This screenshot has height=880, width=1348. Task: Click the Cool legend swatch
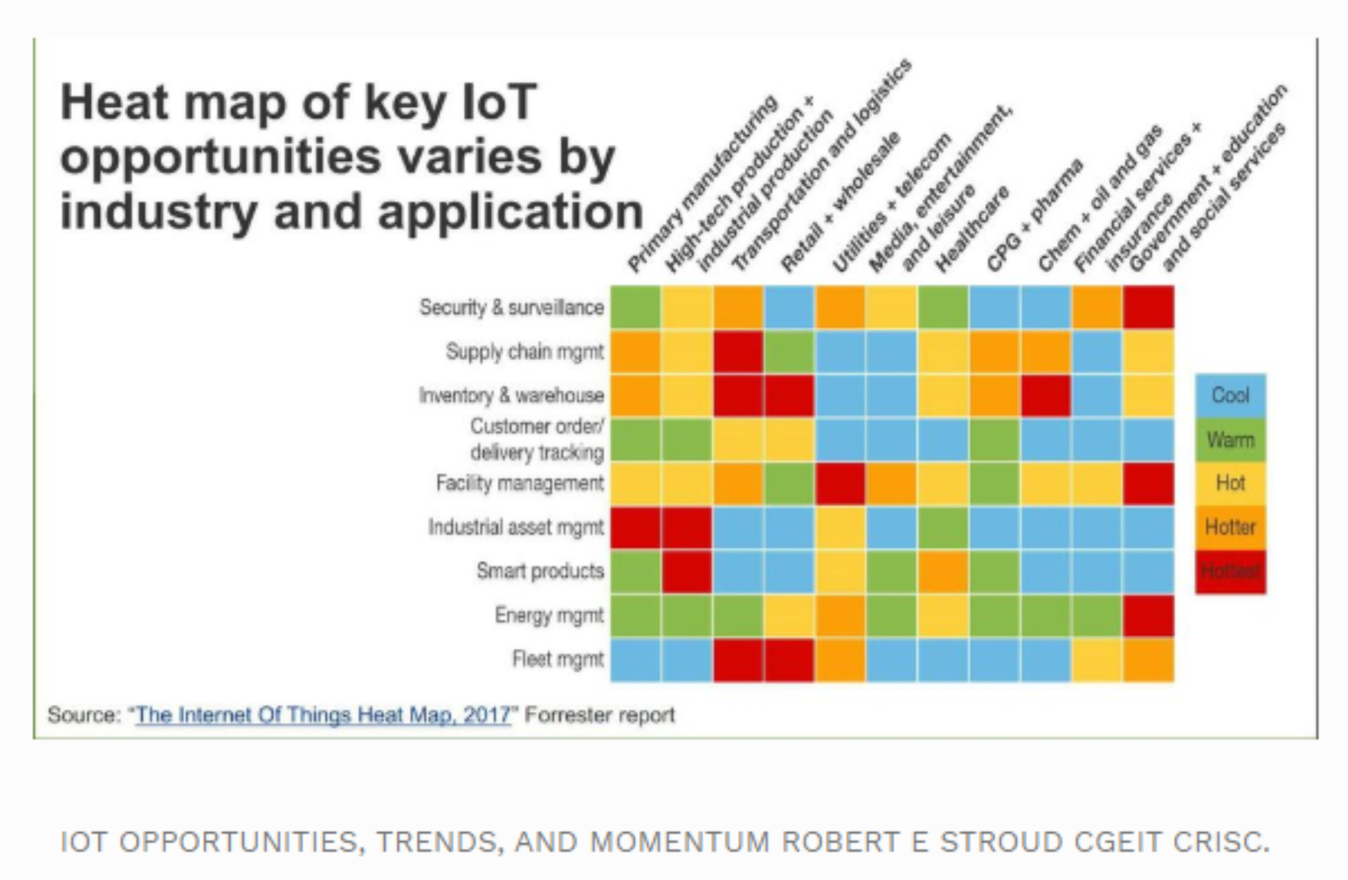[x=1230, y=395]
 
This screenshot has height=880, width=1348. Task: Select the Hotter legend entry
[x=1230, y=527]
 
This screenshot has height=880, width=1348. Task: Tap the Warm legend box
[x=1230, y=440]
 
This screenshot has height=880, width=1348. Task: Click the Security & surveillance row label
[x=511, y=307]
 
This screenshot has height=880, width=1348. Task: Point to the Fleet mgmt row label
[x=558, y=659]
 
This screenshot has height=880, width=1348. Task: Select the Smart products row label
[x=540, y=570]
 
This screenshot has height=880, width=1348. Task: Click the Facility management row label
[x=520, y=483]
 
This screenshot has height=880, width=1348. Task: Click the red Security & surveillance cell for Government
[x=1148, y=307]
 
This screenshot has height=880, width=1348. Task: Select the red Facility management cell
[x=840, y=483]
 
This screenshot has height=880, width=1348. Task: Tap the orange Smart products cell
[x=943, y=571]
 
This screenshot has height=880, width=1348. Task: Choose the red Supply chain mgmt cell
[x=738, y=351]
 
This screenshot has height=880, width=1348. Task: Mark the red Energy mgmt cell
[x=1148, y=615]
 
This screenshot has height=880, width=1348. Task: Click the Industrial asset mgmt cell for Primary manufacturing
[x=635, y=527]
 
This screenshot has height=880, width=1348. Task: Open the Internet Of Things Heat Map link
[x=323, y=715]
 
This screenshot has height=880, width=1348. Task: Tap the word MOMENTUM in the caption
[x=680, y=842]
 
